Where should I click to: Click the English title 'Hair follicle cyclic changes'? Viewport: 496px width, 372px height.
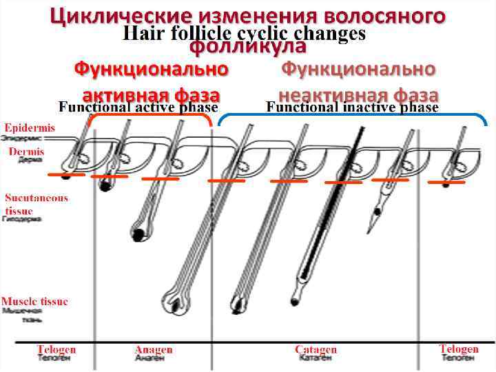(x=244, y=33)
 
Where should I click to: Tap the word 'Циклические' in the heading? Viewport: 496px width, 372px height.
(x=120, y=15)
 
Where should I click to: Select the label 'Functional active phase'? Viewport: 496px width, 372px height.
(x=138, y=107)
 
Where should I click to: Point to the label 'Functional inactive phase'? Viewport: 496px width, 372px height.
(x=352, y=107)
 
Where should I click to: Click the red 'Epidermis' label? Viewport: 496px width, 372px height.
(x=30, y=127)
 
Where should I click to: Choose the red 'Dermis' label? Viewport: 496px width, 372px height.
(x=26, y=152)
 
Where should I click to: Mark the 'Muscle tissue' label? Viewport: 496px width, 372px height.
(x=34, y=301)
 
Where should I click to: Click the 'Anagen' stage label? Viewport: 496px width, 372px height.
(x=153, y=349)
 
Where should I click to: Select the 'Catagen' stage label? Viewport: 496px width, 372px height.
(x=316, y=349)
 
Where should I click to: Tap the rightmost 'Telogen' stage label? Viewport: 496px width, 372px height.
(x=459, y=349)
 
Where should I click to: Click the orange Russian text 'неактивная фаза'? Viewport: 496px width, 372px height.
(x=358, y=93)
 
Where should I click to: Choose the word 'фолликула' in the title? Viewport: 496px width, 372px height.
(x=247, y=47)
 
